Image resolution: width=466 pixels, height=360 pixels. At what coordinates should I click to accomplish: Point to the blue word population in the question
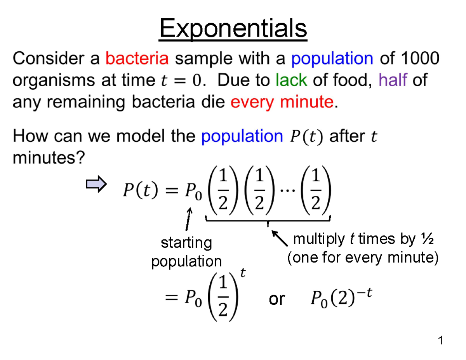coord(242,136)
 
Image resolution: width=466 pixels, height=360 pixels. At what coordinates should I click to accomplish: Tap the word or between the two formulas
coord(276,299)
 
